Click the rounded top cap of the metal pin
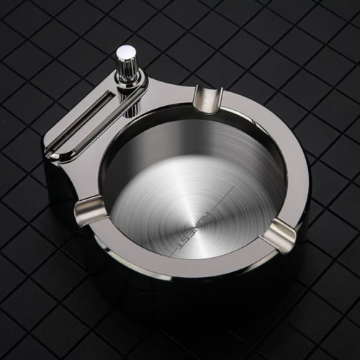pyautogui.click(x=126, y=52)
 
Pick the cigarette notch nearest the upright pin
pyautogui.click(x=207, y=99)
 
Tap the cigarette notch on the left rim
pyautogui.click(x=91, y=210)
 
